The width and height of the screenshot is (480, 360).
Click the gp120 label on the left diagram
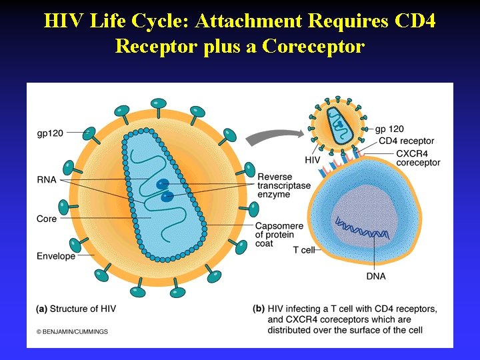pos(50,133)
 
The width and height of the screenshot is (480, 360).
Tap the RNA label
pos(47,179)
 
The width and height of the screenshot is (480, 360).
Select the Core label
pos(47,219)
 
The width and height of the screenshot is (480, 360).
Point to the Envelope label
pos(56,256)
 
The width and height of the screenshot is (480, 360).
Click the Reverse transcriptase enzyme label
pos(284,185)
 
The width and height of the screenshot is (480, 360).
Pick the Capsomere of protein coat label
pos(279,235)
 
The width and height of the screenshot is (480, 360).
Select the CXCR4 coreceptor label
pos(418,158)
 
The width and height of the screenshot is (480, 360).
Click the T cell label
pos(303,250)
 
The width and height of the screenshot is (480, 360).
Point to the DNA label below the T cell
pos(376,276)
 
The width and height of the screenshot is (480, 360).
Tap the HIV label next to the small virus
pos(313,161)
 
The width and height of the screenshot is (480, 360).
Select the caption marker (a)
pos(41,309)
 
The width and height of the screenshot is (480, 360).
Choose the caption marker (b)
pos(259,309)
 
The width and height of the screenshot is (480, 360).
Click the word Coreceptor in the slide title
pos(313,46)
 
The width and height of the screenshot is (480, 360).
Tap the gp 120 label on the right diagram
pos(389,129)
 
